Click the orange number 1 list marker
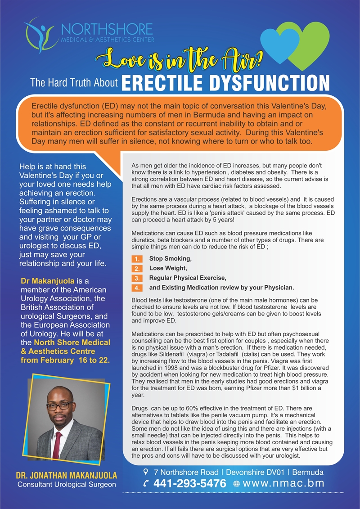(138, 259)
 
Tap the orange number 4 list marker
(138, 288)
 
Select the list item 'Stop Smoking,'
(171, 259)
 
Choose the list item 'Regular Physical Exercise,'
(188, 278)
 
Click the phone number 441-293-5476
(190, 484)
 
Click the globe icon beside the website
(237, 484)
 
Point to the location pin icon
(145, 472)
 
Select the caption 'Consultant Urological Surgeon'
(67, 485)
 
